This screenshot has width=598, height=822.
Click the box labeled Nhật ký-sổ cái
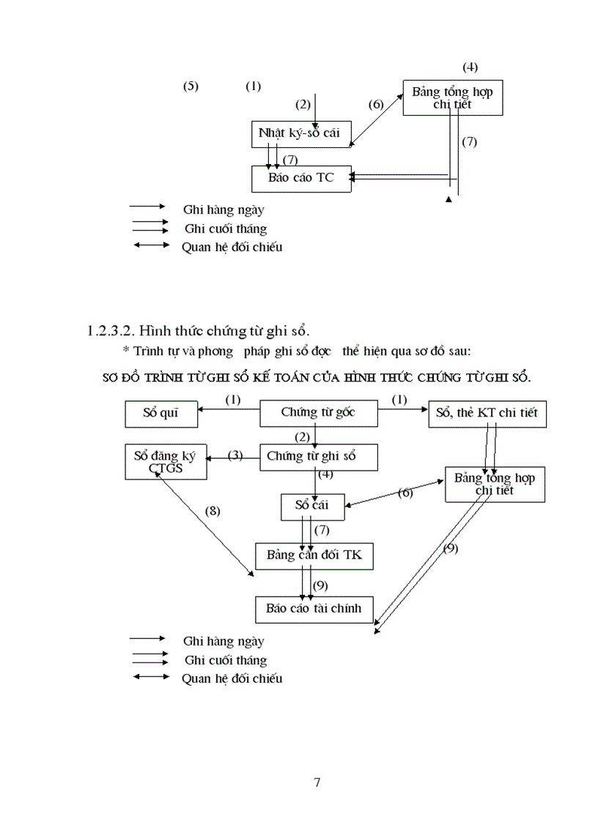tap(300, 134)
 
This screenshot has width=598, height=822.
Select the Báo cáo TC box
tap(300, 179)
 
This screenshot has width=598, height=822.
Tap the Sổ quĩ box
tap(160, 413)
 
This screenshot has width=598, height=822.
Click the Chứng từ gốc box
tap(319, 413)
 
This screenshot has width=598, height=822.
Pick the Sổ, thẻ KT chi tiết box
tap(487, 413)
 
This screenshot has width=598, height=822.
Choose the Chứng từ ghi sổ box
tap(319, 457)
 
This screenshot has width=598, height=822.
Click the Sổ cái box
tap(311, 505)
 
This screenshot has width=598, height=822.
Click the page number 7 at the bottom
tap(317, 782)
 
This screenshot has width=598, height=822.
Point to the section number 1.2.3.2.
tap(109, 331)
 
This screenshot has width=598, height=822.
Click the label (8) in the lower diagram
tap(213, 510)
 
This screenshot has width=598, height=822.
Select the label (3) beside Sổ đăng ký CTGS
tap(235, 455)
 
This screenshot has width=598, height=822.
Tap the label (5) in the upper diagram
tap(191, 86)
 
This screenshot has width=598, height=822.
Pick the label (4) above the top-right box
tap(470, 67)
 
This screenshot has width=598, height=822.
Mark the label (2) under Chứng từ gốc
tap(302, 437)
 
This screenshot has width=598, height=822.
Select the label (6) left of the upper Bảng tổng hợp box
tap(376, 104)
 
